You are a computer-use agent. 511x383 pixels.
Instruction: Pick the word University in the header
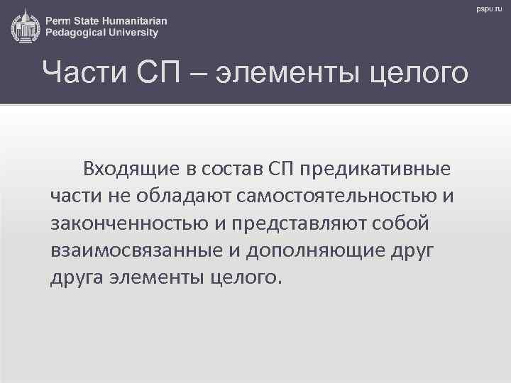[138, 32]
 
